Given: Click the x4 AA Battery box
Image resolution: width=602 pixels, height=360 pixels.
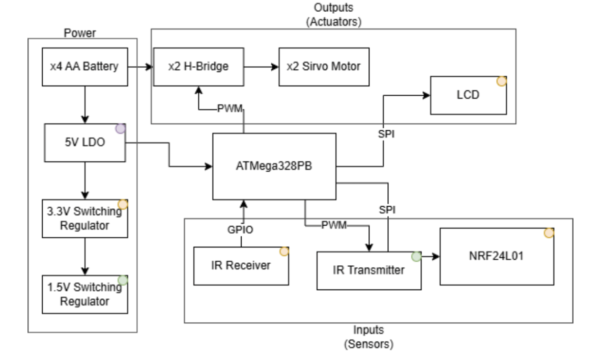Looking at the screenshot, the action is (85, 67).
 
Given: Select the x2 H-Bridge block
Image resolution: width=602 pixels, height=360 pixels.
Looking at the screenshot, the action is (198, 67).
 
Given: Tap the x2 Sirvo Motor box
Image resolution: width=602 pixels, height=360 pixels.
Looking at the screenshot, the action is (324, 67).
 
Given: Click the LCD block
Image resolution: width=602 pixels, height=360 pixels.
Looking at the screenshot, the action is (468, 95).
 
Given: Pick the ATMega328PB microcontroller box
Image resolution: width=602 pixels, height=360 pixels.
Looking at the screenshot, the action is (274, 167).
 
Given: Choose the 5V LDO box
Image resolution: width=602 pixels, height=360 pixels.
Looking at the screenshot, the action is (85, 143).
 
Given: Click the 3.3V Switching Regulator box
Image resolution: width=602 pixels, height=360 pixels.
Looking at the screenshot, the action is (85, 218).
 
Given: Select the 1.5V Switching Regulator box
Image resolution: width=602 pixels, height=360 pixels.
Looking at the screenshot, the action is (85, 294).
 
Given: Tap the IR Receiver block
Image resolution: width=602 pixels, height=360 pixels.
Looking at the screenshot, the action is (241, 266).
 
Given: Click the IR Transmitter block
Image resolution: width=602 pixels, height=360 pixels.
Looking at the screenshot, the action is (369, 270).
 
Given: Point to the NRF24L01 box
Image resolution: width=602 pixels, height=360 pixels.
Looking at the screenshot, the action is (497, 256).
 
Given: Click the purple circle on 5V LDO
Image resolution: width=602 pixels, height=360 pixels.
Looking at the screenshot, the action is (121, 129).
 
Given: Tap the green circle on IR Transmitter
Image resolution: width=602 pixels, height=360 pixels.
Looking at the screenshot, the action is (416, 257).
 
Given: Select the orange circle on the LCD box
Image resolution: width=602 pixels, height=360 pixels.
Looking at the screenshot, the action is (501, 81).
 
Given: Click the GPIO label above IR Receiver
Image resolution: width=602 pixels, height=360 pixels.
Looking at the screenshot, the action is (240, 230).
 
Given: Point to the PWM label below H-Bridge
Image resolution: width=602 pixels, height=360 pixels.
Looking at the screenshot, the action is (230, 109).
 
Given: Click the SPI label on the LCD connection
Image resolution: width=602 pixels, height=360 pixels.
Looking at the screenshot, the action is (386, 134).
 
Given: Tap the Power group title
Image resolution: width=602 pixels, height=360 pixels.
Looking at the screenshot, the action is (80, 33).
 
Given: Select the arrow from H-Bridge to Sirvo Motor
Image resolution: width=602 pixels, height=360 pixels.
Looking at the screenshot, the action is (262, 67).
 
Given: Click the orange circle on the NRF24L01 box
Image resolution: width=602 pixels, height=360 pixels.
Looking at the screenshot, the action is (549, 233).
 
